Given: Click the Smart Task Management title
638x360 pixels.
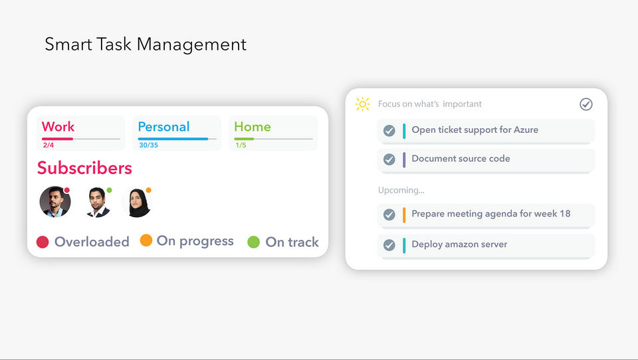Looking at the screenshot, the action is [x=146, y=45].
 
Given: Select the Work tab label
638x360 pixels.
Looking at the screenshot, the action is [x=58, y=126].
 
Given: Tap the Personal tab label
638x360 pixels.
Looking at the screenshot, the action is [x=163, y=126].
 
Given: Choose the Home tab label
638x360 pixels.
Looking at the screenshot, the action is [x=253, y=126].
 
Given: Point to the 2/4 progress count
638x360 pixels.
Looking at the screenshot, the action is [x=49, y=145].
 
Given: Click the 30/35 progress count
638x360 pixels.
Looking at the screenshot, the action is [x=148, y=145].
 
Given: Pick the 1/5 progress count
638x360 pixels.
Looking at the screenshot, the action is [x=241, y=145].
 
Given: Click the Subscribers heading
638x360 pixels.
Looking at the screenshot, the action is [x=84, y=168].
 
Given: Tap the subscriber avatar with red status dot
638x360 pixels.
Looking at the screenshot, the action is [x=55, y=202].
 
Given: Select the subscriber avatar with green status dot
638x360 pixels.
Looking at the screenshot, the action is [x=98, y=202].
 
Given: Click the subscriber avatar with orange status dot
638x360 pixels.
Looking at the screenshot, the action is [x=139, y=202].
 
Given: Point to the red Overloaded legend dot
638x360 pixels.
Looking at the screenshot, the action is [x=43, y=242].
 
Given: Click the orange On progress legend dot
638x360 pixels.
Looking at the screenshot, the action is [x=146, y=240].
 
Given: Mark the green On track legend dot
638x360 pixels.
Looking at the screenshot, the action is [x=253, y=242].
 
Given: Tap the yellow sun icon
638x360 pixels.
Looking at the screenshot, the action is [x=363, y=104].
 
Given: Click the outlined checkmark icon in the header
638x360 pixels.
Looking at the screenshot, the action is [x=586, y=104].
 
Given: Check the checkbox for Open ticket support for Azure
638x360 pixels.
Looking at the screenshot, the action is [x=389, y=131].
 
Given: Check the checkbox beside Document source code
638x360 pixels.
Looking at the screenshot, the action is [x=389, y=159].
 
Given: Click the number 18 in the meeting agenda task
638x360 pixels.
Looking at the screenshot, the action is [x=565, y=214].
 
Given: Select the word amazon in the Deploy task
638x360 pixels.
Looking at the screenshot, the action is [x=462, y=244].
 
